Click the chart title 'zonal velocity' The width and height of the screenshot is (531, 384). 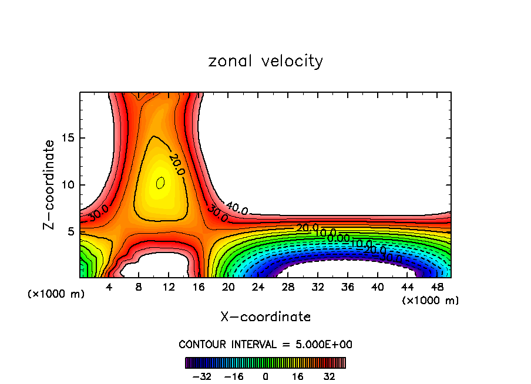pyautogui.click(x=265, y=61)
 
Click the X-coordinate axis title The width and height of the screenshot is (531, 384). pyautogui.click(x=265, y=317)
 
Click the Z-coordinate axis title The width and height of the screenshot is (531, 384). pyautogui.click(x=49, y=184)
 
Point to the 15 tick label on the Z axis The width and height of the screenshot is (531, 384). pyautogui.click(x=68, y=139)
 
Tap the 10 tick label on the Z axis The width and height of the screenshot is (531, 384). pyautogui.click(x=68, y=185)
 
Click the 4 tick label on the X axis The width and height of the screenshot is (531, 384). pyautogui.click(x=109, y=288)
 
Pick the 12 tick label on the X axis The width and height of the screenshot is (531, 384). pyautogui.click(x=169, y=288)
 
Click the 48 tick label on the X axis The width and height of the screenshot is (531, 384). pyautogui.click(x=437, y=288)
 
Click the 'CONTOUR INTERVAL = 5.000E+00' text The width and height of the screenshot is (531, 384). pyautogui.click(x=265, y=344)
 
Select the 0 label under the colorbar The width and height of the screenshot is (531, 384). pyautogui.click(x=265, y=376)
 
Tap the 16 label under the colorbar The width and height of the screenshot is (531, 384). pyautogui.click(x=298, y=376)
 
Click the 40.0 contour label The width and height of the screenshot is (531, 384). pyautogui.click(x=237, y=209)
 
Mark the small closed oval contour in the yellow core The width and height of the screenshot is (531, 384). pyautogui.click(x=160, y=183)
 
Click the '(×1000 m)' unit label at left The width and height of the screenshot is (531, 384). pyautogui.click(x=56, y=294)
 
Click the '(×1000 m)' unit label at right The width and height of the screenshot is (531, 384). pyautogui.click(x=431, y=301)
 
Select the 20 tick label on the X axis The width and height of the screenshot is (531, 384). pyautogui.click(x=228, y=288)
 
